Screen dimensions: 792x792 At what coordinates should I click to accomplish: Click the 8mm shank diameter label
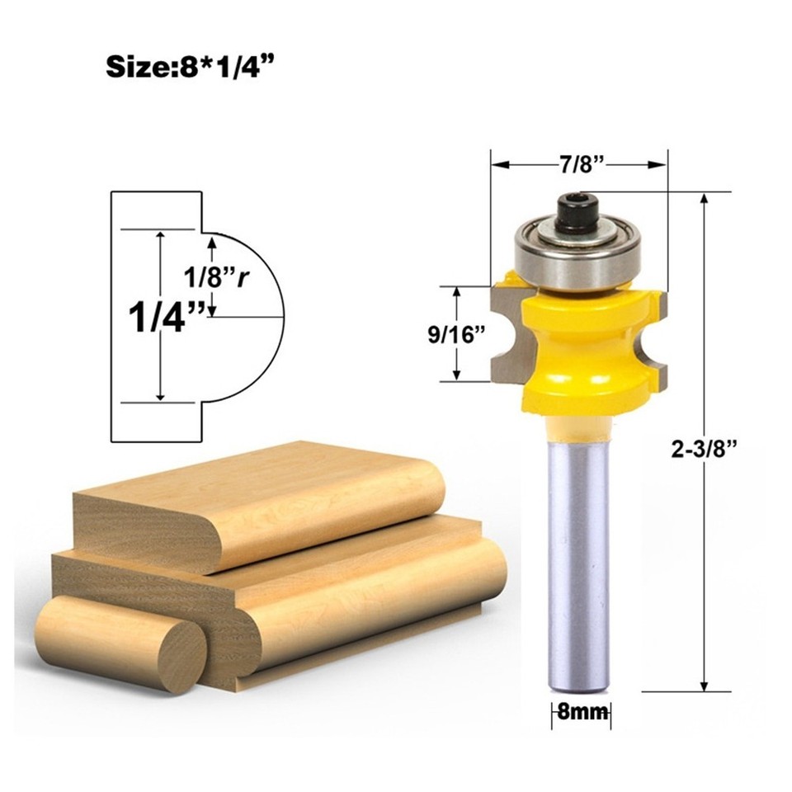point(580,711)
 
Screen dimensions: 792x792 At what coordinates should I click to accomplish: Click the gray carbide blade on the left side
point(504,334)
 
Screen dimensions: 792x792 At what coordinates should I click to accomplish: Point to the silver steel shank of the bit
point(579,561)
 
